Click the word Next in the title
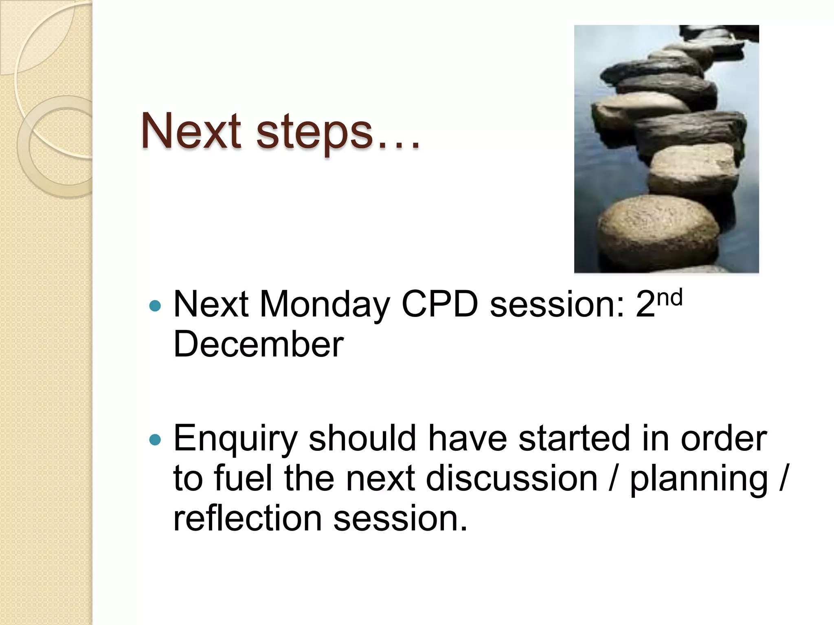pyautogui.click(x=191, y=131)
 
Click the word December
pyautogui.click(x=258, y=344)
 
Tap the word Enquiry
pyautogui.click(x=235, y=439)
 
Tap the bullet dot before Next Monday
pyautogui.click(x=155, y=306)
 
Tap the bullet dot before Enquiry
pyautogui.click(x=155, y=439)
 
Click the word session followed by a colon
pyautogui.click(x=556, y=305)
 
